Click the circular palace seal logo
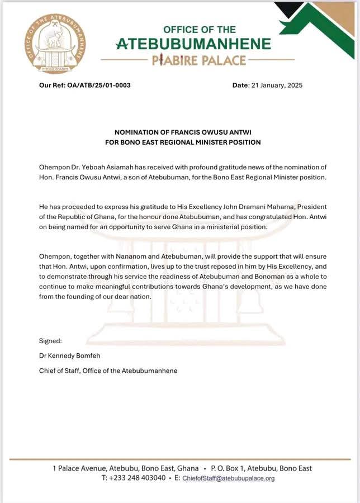click(55, 44)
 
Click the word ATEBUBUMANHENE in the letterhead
click(193, 44)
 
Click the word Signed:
click(50, 341)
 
